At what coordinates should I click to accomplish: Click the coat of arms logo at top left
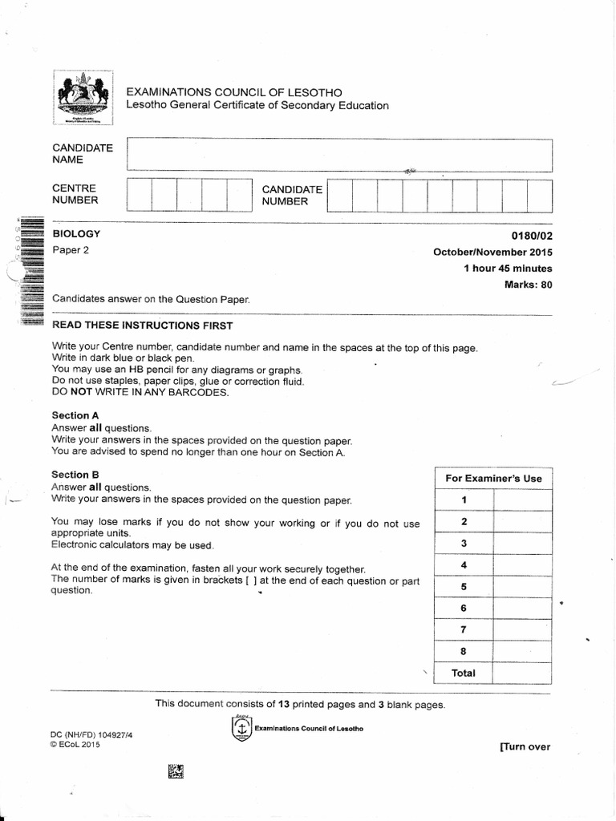point(83,97)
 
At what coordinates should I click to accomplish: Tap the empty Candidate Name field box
point(339,155)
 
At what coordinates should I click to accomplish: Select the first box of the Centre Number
point(140,196)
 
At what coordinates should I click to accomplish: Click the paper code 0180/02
point(532,236)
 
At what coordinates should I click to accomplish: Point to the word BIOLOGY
point(76,233)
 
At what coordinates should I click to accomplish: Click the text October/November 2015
point(492,252)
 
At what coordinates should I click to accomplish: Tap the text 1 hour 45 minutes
point(508,268)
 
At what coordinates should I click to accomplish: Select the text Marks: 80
point(528,284)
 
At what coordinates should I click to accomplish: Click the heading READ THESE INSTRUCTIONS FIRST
point(142,326)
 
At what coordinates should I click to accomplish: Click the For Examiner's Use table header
point(493,479)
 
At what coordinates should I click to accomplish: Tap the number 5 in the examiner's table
point(464,586)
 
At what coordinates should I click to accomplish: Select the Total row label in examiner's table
point(464,673)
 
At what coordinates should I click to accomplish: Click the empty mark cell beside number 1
point(522,500)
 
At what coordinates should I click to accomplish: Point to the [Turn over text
point(525,746)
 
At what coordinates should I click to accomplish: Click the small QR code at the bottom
point(176,771)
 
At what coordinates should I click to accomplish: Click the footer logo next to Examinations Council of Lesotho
point(240,728)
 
